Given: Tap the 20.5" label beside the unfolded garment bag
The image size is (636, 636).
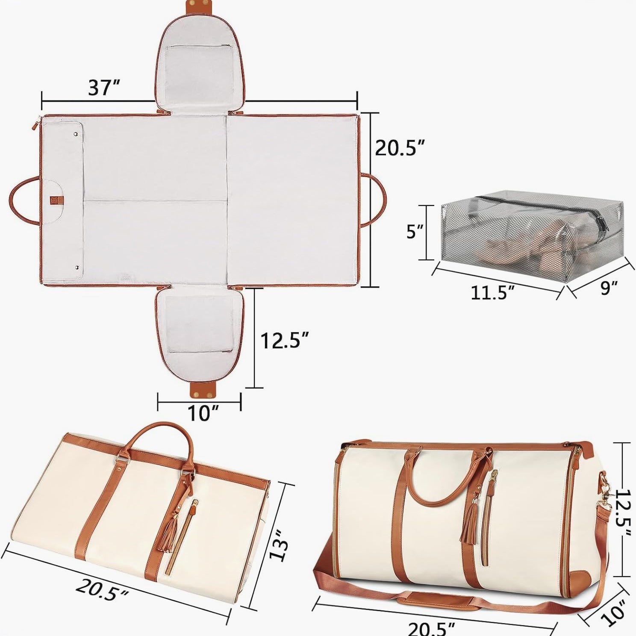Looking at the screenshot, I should tap(400, 147).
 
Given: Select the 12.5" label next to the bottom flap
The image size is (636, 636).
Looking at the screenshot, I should tap(285, 340).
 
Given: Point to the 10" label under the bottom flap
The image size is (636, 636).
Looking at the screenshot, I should tap(200, 413).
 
